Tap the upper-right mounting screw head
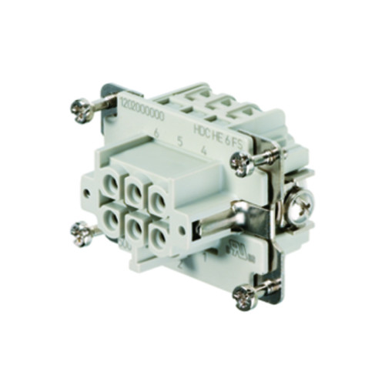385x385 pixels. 241,161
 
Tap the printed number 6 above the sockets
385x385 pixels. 157,132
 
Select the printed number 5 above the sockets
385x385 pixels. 179,141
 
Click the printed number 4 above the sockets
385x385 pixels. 202,150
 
